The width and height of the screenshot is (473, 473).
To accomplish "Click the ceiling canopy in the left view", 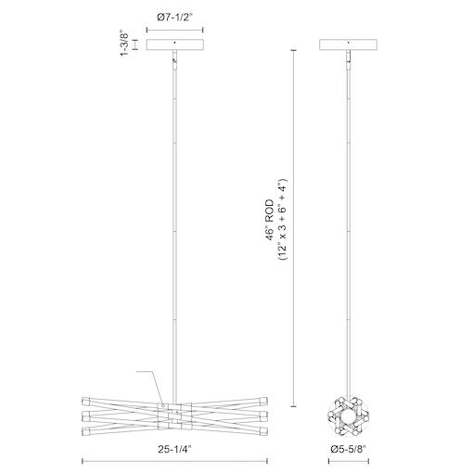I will pos(174,45).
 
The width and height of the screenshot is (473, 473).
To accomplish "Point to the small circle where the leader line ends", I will pos(161,405).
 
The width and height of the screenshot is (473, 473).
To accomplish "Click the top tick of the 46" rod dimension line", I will pos(295,51).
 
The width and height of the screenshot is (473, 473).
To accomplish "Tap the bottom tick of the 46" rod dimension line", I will pos(295,405).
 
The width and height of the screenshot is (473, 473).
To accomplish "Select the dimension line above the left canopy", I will pos(174,28).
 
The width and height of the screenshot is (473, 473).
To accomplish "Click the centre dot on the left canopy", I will pos(174,43).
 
